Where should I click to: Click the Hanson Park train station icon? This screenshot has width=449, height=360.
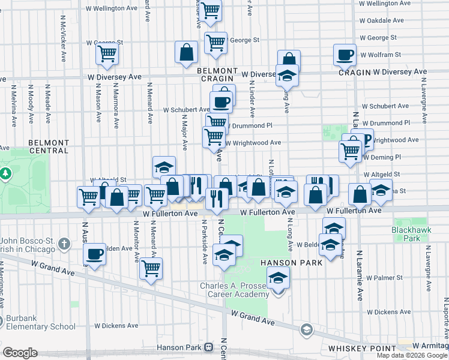[208, 347]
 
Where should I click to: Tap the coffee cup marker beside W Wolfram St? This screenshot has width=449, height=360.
[345, 55]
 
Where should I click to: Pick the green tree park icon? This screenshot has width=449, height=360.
[6, 173]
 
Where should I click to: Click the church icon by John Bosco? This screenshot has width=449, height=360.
[64, 245]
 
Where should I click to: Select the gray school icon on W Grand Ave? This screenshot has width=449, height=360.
[306, 330]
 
